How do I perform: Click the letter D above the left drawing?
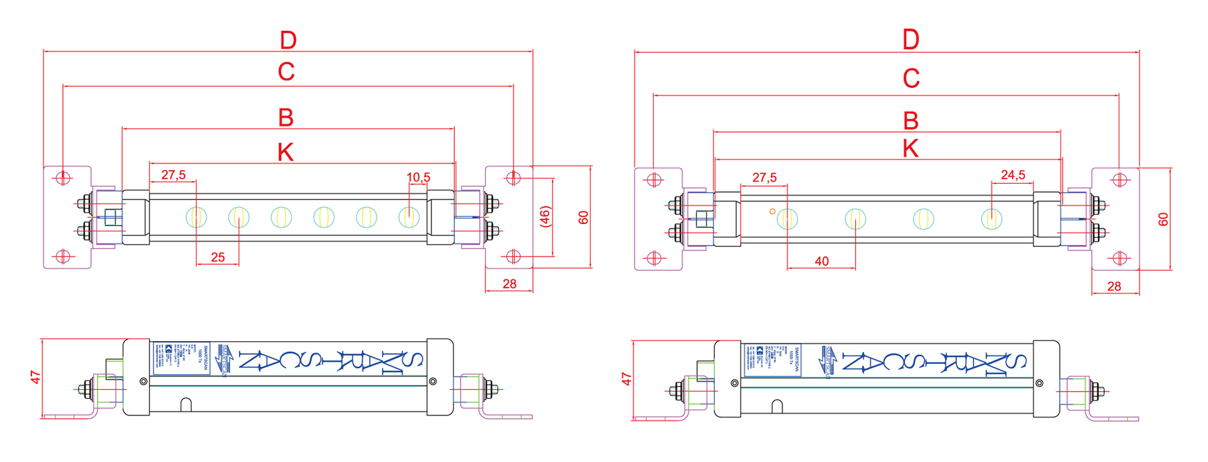(288, 41)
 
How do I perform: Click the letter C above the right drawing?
(911, 79)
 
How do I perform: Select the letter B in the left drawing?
(286, 118)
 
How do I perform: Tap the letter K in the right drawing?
(910, 149)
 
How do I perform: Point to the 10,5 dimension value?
(418, 177)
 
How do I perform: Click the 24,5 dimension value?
(1013, 175)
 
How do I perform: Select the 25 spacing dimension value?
(218, 257)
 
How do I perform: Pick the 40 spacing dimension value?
(822, 261)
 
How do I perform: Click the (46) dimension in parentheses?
(545, 217)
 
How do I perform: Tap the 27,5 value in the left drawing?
(173, 175)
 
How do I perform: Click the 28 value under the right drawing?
(1114, 286)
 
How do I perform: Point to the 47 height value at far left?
(36, 377)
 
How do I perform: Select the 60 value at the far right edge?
(1163, 219)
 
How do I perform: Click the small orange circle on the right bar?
(772, 211)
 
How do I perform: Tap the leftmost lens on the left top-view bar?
(196, 217)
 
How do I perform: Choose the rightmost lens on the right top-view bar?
(992, 219)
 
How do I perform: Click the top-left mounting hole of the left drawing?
(63, 177)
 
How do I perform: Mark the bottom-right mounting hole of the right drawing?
(1119, 258)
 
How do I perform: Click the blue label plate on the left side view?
(181, 358)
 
